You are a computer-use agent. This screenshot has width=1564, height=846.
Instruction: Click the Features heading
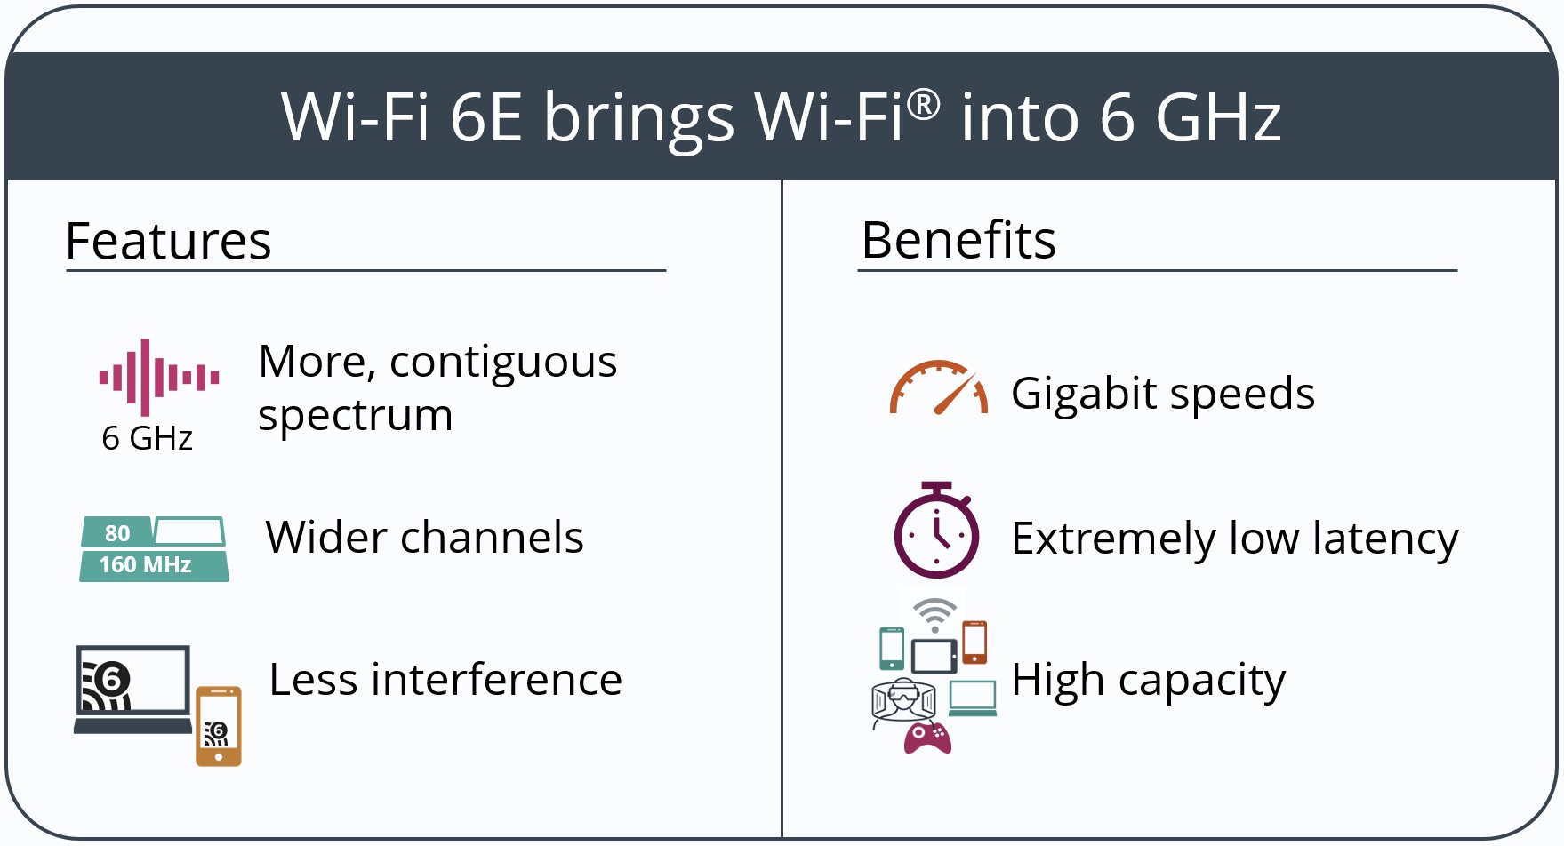coord(168,241)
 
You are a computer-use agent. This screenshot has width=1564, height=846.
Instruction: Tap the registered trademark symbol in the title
coord(924,104)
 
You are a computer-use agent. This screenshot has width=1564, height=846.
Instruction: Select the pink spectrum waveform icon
coord(159,378)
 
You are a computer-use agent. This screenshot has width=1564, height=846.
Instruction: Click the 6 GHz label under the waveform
coord(147,438)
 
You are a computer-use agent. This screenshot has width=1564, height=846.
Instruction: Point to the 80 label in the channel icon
coord(117,533)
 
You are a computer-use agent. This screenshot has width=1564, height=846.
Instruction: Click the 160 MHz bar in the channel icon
coord(154,566)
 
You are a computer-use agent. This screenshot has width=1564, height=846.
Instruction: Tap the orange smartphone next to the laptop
coord(219,726)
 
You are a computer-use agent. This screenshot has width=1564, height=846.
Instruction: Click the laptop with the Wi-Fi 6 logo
coord(132,690)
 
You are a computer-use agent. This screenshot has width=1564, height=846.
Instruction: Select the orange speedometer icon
coord(939,387)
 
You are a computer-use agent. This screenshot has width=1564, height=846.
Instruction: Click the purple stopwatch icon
coord(936,531)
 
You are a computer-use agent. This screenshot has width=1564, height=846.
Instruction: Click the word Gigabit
coord(1082,395)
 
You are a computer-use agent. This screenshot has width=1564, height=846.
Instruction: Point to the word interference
coord(496,680)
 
